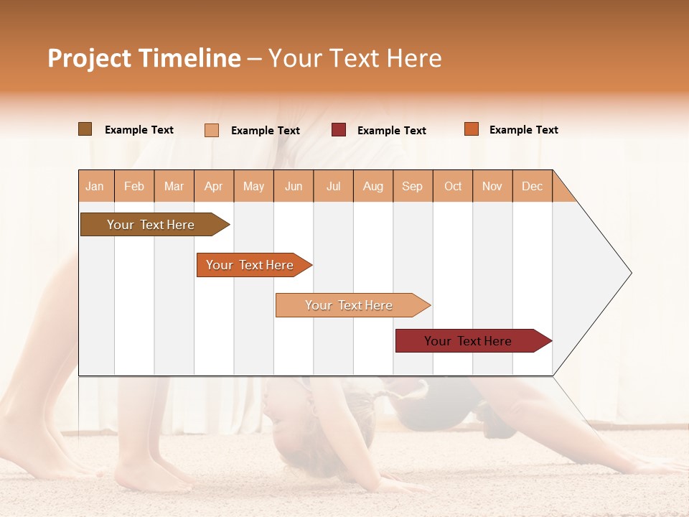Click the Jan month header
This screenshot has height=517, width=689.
point(95,186)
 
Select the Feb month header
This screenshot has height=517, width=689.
point(134,186)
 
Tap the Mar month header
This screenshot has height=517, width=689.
point(174,186)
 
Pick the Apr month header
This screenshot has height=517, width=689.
point(214,186)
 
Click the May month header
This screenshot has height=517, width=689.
point(253,186)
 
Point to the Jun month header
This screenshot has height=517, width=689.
point(294,186)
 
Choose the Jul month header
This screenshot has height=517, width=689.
point(333,186)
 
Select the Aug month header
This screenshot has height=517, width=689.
point(373,186)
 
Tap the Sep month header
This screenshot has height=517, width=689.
point(413,186)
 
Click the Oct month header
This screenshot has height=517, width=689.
point(453,186)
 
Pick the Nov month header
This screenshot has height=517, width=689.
point(492,186)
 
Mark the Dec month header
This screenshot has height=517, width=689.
point(532,186)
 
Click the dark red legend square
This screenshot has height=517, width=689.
point(339,130)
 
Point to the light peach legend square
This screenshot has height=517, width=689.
point(212,130)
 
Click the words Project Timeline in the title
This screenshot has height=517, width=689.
point(144,58)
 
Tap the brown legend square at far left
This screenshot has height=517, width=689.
point(85,129)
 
